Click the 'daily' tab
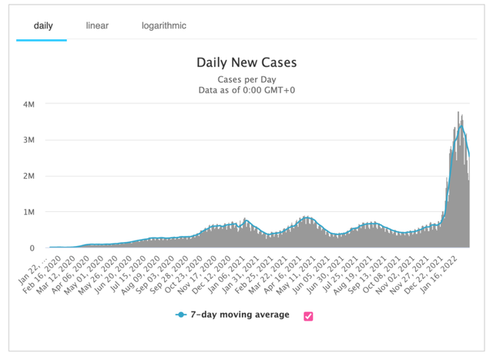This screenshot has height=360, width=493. tap(43, 26)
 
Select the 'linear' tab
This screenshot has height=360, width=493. tap(97, 26)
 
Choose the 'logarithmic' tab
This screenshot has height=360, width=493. tap(163, 26)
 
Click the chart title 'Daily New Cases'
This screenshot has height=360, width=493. tap(246, 62)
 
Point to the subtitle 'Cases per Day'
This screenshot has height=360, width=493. tap(246, 79)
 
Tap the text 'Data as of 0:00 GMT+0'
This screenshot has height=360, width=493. tap(246, 90)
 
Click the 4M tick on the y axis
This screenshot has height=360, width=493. tap(29, 104)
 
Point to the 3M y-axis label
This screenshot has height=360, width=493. tap(29, 140)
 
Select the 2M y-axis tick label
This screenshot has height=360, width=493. tap(29, 176)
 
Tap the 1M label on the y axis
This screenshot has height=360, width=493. tap(29, 212)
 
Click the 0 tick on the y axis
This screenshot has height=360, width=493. tap(32, 248)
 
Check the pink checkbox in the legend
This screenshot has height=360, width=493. tap(308, 315)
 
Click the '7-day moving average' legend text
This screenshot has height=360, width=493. tap(244, 315)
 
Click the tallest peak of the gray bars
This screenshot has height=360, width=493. tap(458, 113)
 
